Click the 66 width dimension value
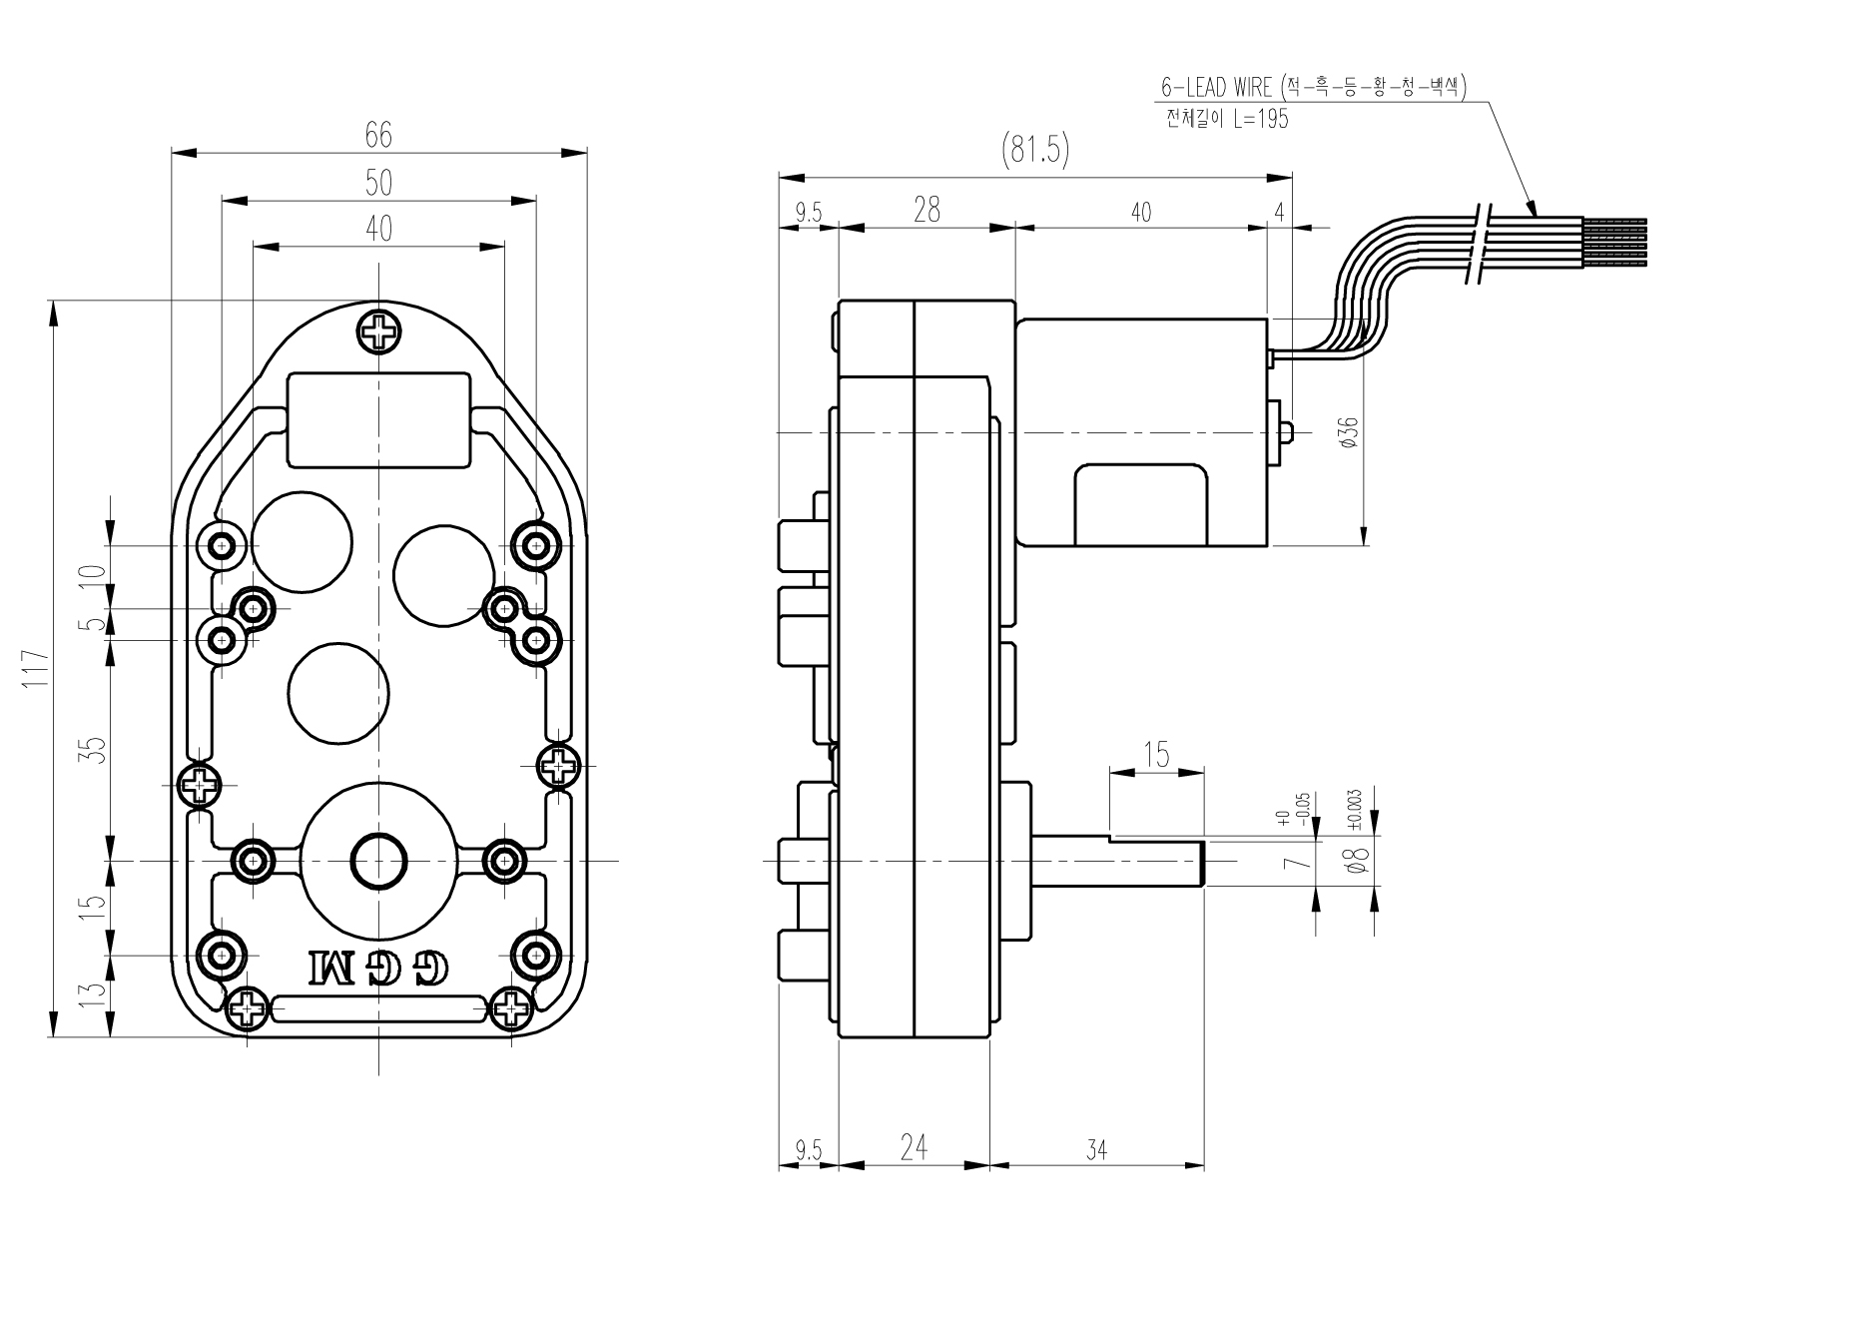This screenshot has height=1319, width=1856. click(x=378, y=134)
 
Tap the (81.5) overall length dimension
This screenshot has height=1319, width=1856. click(x=1034, y=151)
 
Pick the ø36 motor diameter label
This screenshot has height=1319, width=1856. click(x=1349, y=431)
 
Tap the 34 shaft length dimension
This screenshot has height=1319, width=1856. click(x=1096, y=1150)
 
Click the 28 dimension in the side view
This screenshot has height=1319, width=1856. click(x=927, y=210)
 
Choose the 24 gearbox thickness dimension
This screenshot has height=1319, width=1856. click(x=914, y=1148)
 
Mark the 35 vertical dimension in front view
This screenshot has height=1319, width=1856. click(x=92, y=749)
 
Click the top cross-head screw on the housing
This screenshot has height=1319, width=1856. click(x=379, y=331)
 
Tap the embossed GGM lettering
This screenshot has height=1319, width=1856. click(x=379, y=966)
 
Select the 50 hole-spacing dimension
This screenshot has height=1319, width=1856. click(x=378, y=183)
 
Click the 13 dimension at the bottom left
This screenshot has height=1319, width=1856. click(x=92, y=993)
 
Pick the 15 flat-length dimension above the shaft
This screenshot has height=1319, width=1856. click(x=1156, y=755)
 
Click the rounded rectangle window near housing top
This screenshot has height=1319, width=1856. click(x=378, y=419)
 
